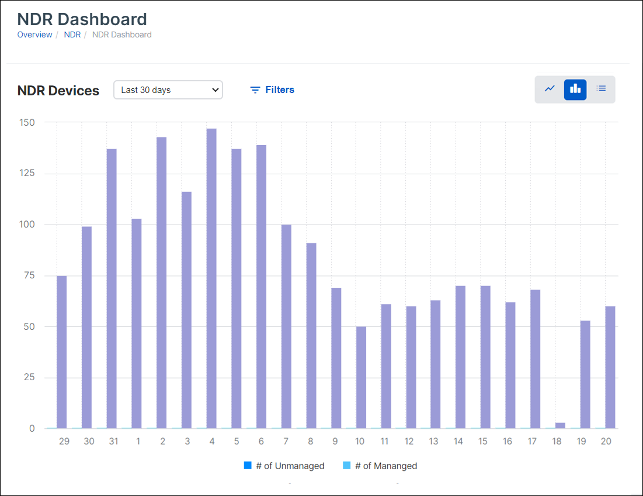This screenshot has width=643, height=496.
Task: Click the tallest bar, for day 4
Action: coord(211,278)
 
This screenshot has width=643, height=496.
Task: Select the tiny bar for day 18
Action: coord(560,425)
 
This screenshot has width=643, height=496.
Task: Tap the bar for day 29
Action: coord(61,352)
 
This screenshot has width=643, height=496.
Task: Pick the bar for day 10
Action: coord(361,377)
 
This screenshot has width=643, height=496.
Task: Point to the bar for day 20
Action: coord(610,367)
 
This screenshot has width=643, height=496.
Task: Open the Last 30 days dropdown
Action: coord(168,90)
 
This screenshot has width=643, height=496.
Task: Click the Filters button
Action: coord(272,90)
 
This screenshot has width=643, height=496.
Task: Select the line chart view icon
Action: coord(550,89)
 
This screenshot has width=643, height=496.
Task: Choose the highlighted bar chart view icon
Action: coord(575,89)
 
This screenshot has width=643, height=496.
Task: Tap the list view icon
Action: coord(601,89)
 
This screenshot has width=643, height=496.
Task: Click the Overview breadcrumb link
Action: coord(34,35)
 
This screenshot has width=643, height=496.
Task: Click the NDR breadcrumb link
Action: coord(72,35)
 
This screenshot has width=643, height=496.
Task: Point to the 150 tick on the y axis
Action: coord(27,123)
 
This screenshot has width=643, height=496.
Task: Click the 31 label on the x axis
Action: coord(113,442)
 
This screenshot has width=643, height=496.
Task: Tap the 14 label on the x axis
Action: coord(458,442)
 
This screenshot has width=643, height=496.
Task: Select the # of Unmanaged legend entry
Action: coord(284,466)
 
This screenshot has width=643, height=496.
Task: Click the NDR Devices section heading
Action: coord(58,91)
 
